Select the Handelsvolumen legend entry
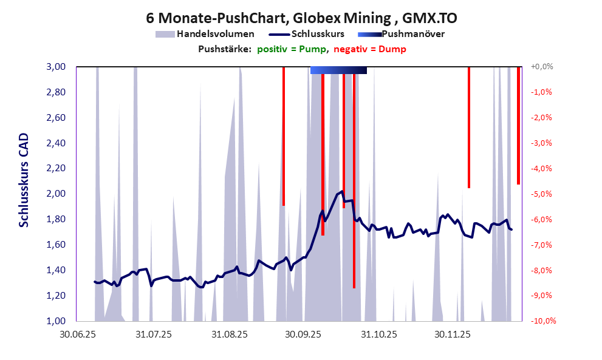[x=205, y=34]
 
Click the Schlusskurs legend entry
[x=310, y=34]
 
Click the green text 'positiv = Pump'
[x=292, y=49]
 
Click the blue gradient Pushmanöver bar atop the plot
[x=338, y=70]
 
